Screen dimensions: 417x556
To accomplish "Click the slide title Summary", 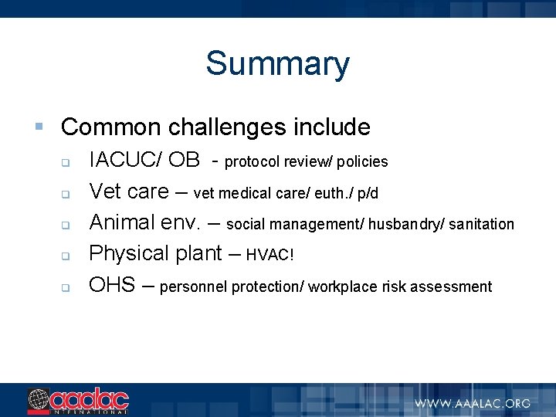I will pyautogui.click(x=277, y=63).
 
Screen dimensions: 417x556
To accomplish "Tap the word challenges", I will pyautogui.click(x=229, y=127).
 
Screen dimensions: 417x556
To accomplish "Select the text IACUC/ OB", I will pyautogui.click(x=144, y=161).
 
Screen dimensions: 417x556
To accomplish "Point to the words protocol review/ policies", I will pyautogui.click(x=306, y=162).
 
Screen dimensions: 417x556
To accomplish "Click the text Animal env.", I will pyautogui.click(x=145, y=223).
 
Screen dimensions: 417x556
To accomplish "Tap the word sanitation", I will pyautogui.click(x=480, y=225).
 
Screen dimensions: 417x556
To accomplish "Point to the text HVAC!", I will pyautogui.click(x=270, y=256).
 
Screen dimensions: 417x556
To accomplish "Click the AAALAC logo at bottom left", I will pyautogui.click(x=78, y=401).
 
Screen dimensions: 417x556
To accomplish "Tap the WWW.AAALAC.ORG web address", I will pyautogui.click(x=473, y=402).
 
